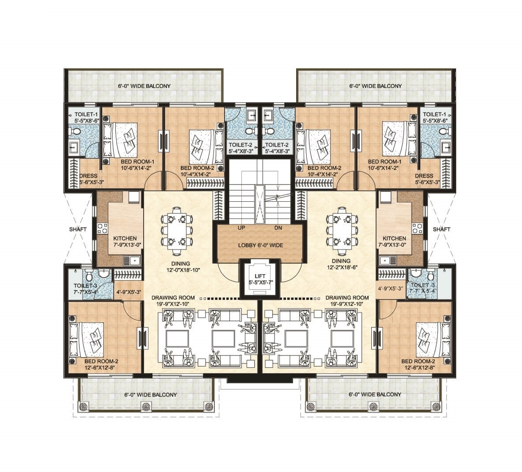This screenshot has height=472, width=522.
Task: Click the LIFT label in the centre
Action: coord(260,276)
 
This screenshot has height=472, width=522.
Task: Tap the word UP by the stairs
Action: coord(241,228)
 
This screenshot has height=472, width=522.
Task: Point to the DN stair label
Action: coord(278,228)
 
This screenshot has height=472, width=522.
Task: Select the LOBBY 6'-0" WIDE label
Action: coord(261,245)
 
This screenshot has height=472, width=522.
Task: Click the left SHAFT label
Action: coord(78,229)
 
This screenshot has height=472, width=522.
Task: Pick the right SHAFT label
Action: coord(442,229)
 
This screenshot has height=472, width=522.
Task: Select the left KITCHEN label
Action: coord(125,238)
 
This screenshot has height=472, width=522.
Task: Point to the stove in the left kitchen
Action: coord(102,228)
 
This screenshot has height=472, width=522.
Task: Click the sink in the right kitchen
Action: coord(385,261)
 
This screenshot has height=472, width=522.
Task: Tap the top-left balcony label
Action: coord(144,86)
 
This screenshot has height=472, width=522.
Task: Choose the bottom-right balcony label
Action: coord(375,394)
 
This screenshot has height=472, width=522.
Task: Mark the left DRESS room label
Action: coord(88,176)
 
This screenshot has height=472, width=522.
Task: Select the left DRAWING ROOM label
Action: coord(173,298)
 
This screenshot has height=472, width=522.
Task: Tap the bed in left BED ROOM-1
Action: coord(120,140)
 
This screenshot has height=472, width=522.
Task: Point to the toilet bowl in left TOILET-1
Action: coord(76,132)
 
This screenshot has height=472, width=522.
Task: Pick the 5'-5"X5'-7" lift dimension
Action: coord(260,282)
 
